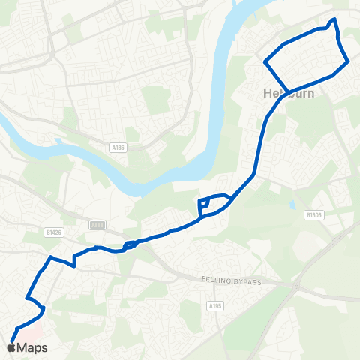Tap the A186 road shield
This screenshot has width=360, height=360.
116,148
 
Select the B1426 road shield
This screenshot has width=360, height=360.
53,232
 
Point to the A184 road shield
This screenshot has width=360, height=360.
97,224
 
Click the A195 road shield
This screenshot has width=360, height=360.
214,305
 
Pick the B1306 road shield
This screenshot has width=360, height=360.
314,214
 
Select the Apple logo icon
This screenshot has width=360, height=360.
10,347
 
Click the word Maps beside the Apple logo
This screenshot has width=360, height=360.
32,347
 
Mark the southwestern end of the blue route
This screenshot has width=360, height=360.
13,340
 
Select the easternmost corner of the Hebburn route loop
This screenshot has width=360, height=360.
349,63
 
